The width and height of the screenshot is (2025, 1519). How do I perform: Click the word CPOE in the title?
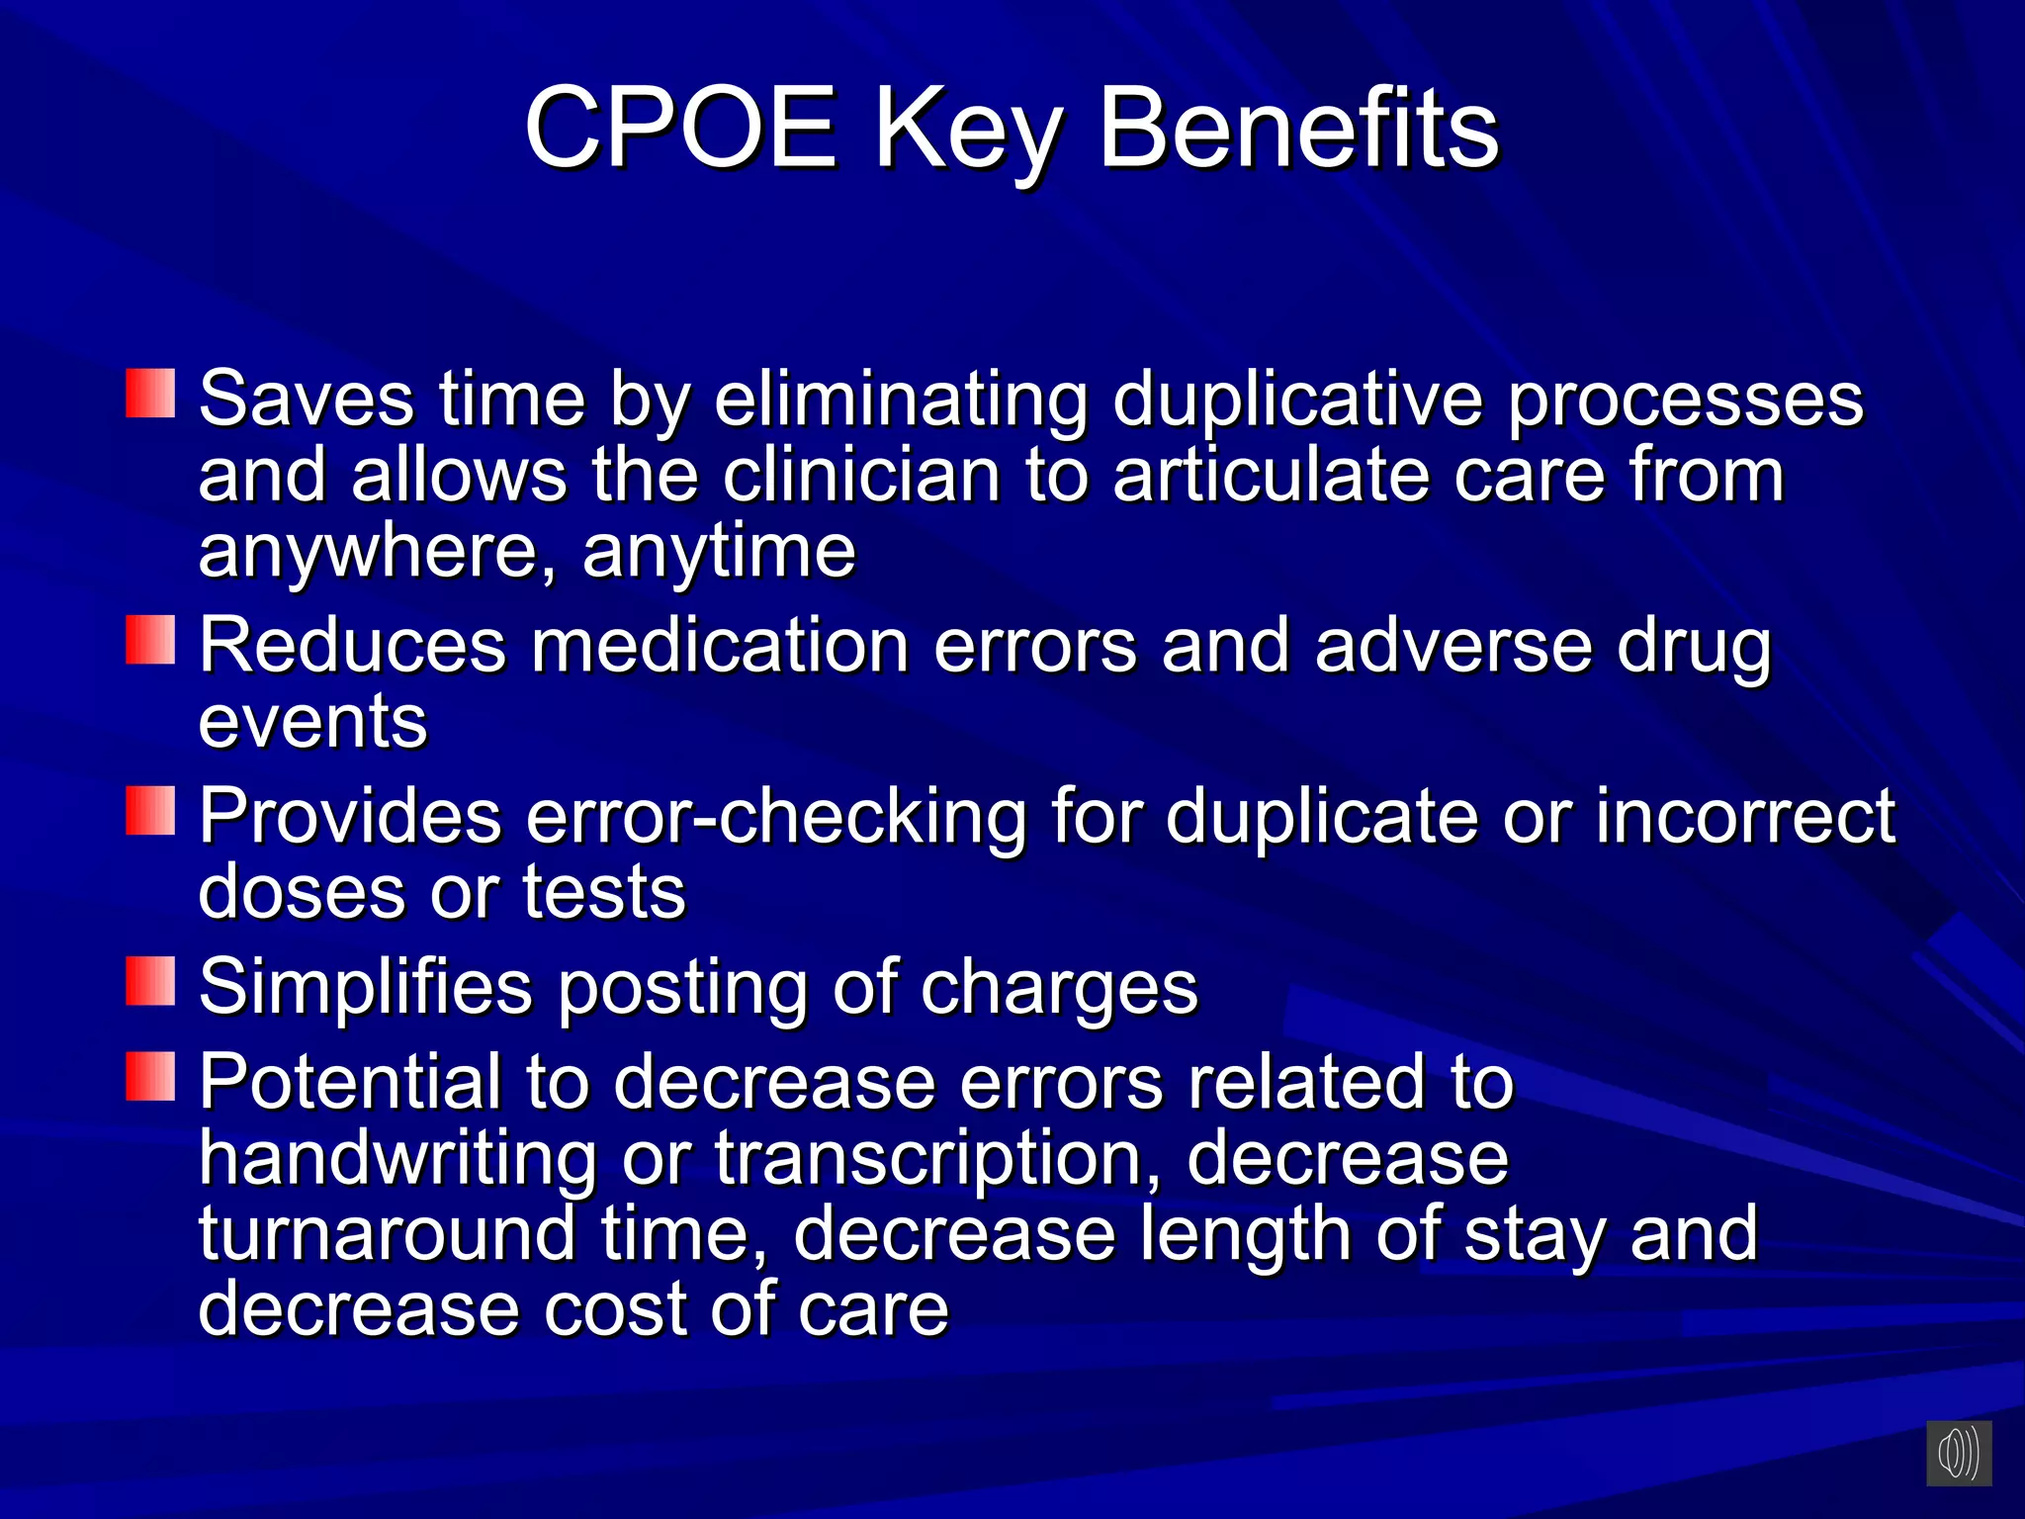(x=680, y=129)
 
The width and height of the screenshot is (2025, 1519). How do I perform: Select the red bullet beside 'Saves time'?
(x=150, y=394)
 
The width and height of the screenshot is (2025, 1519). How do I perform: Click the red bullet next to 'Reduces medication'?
(x=150, y=640)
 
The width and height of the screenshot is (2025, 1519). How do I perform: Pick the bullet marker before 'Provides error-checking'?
(x=150, y=811)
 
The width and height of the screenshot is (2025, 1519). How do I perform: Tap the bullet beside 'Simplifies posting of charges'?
(x=150, y=981)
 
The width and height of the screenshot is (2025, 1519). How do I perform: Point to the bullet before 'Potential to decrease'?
(x=150, y=1076)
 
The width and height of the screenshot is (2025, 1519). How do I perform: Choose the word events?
(x=312, y=721)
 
